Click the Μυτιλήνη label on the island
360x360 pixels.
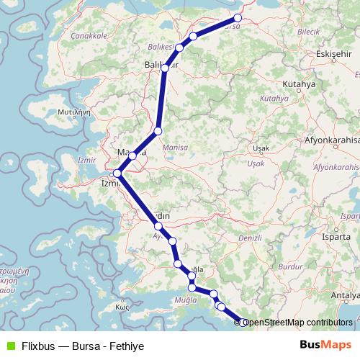pyautogui.click(x=73, y=112)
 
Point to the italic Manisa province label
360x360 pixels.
pyautogui.click(x=176, y=147)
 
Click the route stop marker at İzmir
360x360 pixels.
pyautogui.click(x=117, y=173)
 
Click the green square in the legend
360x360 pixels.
pyautogui.click(x=9, y=346)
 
